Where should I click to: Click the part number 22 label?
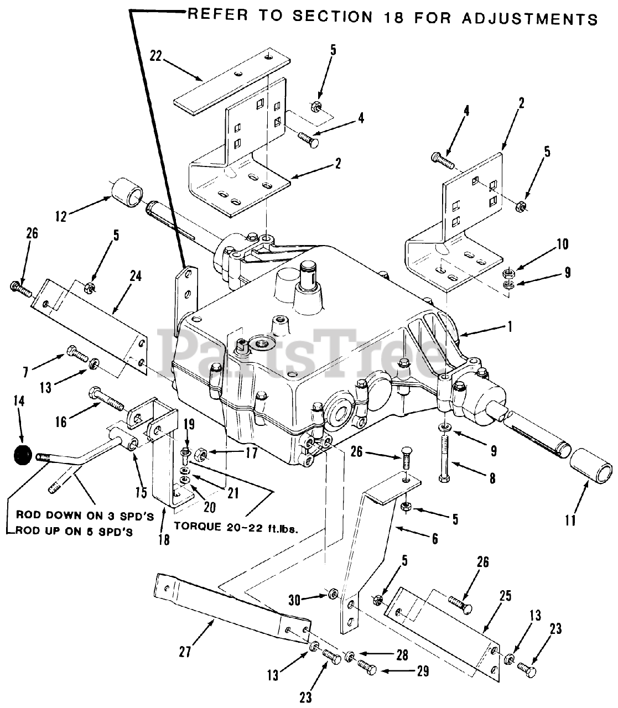[155, 56]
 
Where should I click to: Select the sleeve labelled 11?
[591, 471]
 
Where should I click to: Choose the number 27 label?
[185, 653]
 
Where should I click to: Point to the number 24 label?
[136, 275]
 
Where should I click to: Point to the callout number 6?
[435, 538]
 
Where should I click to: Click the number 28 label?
[401, 655]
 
